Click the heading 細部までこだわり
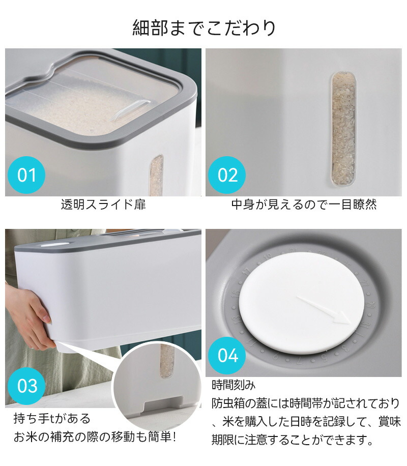pyautogui.click(x=204, y=27)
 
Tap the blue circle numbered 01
pyautogui.click(x=26, y=175)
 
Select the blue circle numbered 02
pyautogui.click(x=227, y=175)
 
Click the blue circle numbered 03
pyautogui.click(x=26, y=386)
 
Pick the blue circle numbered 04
pyautogui.click(x=227, y=356)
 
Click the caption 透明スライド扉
pyautogui.click(x=103, y=205)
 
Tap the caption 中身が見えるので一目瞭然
pyautogui.click(x=304, y=205)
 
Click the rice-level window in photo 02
pyautogui.click(x=343, y=129)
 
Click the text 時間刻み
pyautogui.click(x=234, y=385)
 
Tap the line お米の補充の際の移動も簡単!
pyautogui.click(x=95, y=437)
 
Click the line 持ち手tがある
pyautogui.click(x=52, y=419)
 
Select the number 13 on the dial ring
pyautogui.click(x=237, y=321)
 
